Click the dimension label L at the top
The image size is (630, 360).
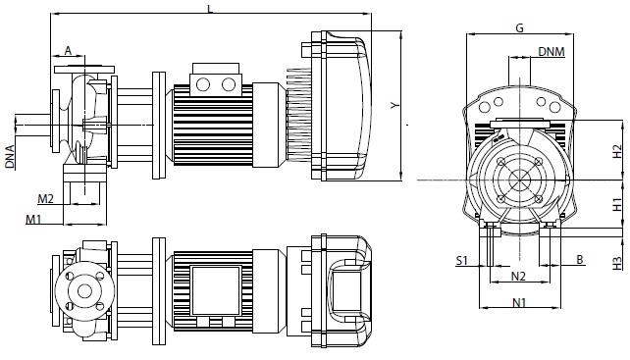click(210, 9)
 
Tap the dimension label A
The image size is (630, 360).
click(69, 51)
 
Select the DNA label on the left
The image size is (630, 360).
click(10, 157)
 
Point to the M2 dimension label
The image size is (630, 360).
click(46, 198)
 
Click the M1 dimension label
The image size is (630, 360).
click(34, 220)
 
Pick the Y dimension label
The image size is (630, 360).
click(395, 105)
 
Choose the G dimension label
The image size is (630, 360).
click(519, 28)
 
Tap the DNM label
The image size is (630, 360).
click(551, 51)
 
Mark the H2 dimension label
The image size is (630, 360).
click(617, 152)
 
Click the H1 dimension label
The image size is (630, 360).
click(617, 204)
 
